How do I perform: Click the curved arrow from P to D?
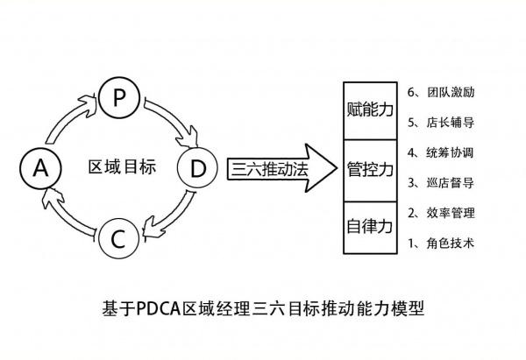pyautogui.click(x=172, y=117)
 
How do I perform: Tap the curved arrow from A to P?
pyautogui.click(x=68, y=118)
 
